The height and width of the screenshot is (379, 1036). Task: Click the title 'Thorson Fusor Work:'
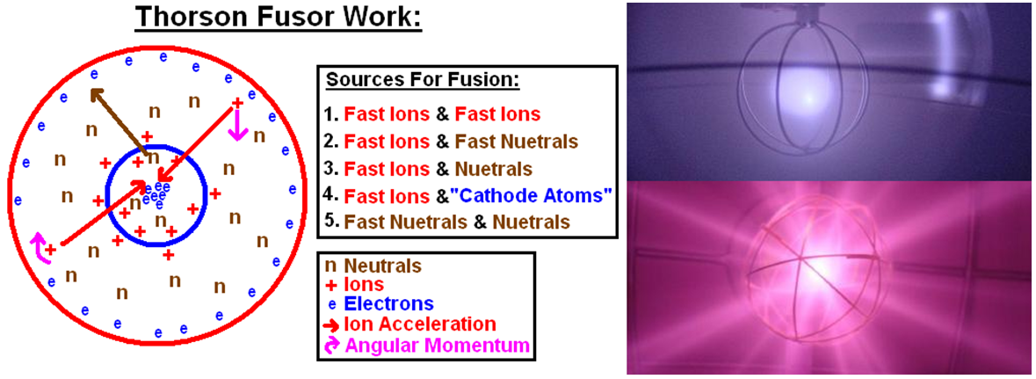(x=278, y=18)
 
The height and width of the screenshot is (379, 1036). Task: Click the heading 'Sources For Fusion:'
(x=424, y=80)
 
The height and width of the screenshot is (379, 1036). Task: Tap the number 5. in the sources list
(x=331, y=222)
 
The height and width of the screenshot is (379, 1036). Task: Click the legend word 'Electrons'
(x=389, y=304)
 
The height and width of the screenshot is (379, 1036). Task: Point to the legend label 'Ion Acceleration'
(x=420, y=324)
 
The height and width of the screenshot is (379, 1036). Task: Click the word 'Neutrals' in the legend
(x=382, y=265)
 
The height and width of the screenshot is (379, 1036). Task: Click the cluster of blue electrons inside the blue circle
(x=156, y=196)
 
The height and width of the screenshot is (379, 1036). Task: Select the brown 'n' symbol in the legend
(x=330, y=266)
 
